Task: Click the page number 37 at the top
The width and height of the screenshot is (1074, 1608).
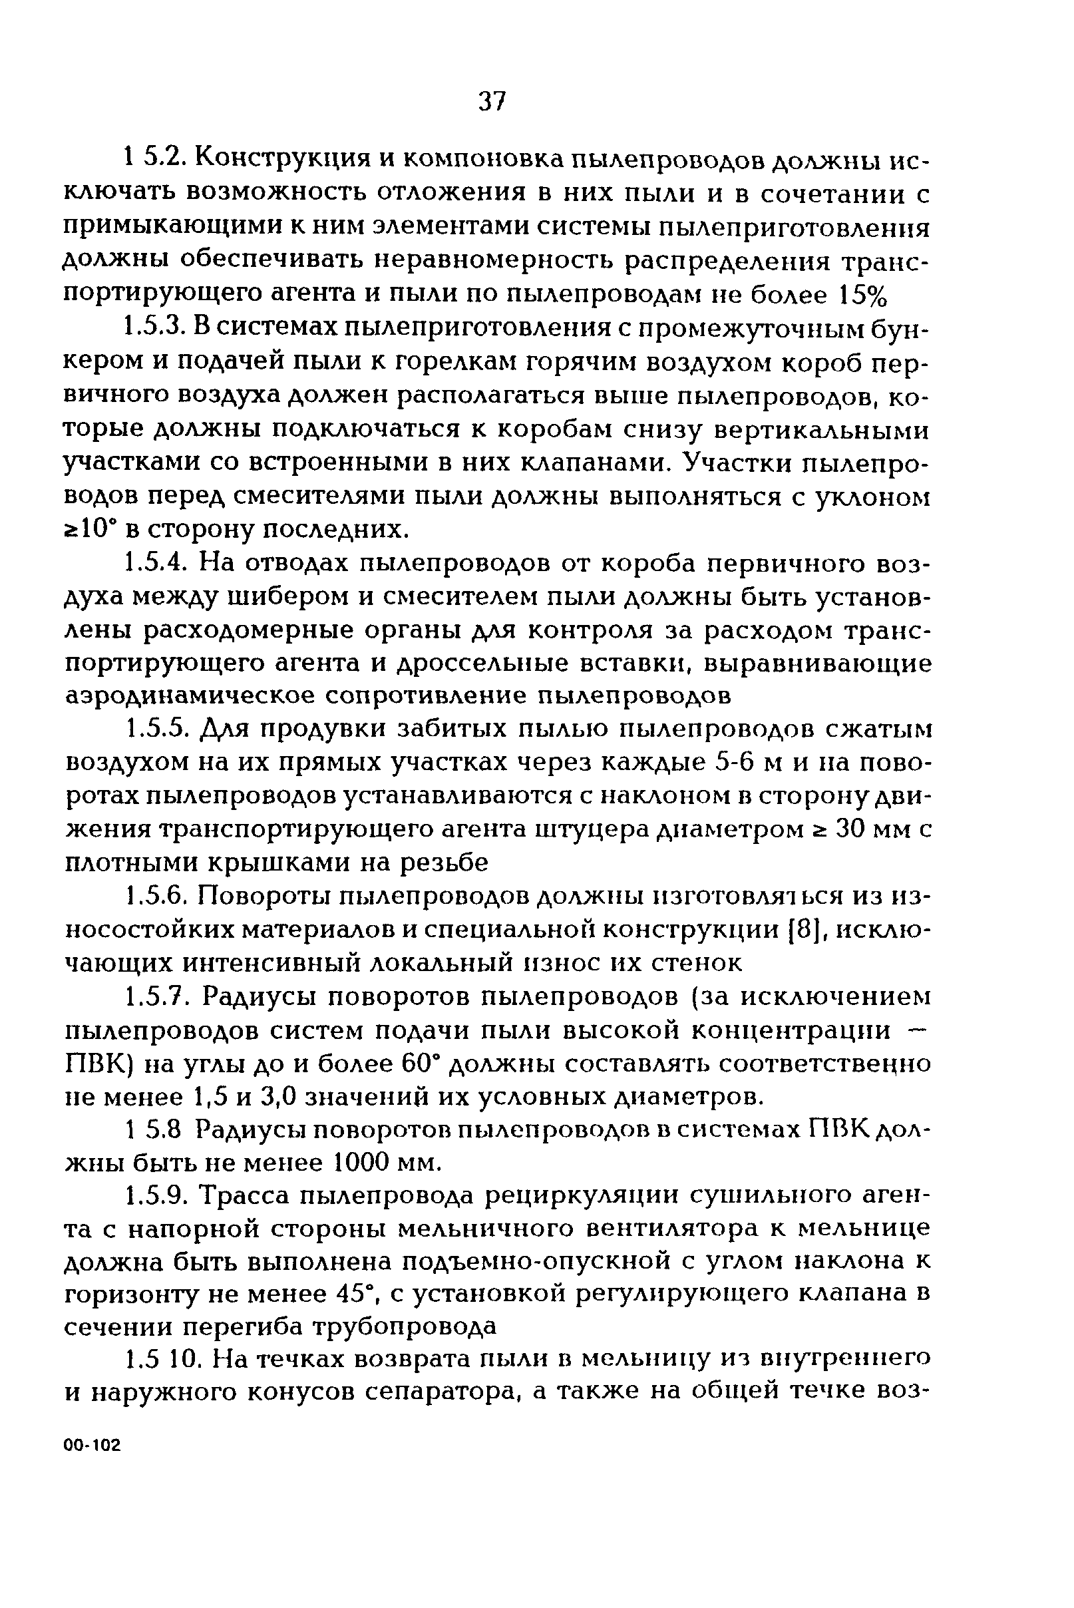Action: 492,102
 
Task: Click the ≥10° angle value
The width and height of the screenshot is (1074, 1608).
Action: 88,530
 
